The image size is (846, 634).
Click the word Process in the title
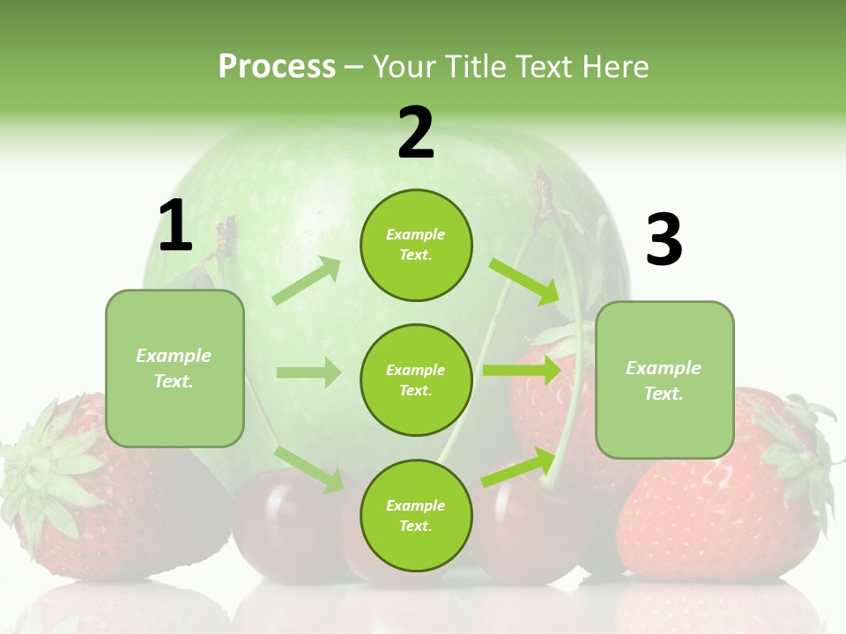coord(277,66)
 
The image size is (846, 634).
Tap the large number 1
coord(175,226)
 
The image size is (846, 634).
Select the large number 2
coord(416,134)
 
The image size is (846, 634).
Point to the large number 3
coord(664,240)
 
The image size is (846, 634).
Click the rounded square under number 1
coord(174,368)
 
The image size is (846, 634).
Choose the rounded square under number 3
coord(664,380)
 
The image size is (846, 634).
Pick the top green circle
coord(416,245)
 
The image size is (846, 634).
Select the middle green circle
coord(416,380)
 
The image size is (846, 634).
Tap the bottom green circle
coord(416,515)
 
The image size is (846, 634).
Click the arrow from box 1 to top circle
coord(306,281)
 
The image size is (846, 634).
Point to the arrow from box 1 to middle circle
coord(308,372)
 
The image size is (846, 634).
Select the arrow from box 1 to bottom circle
coord(308,468)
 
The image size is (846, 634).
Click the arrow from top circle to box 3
coord(524,281)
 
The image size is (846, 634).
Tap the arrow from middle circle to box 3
coord(521,370)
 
